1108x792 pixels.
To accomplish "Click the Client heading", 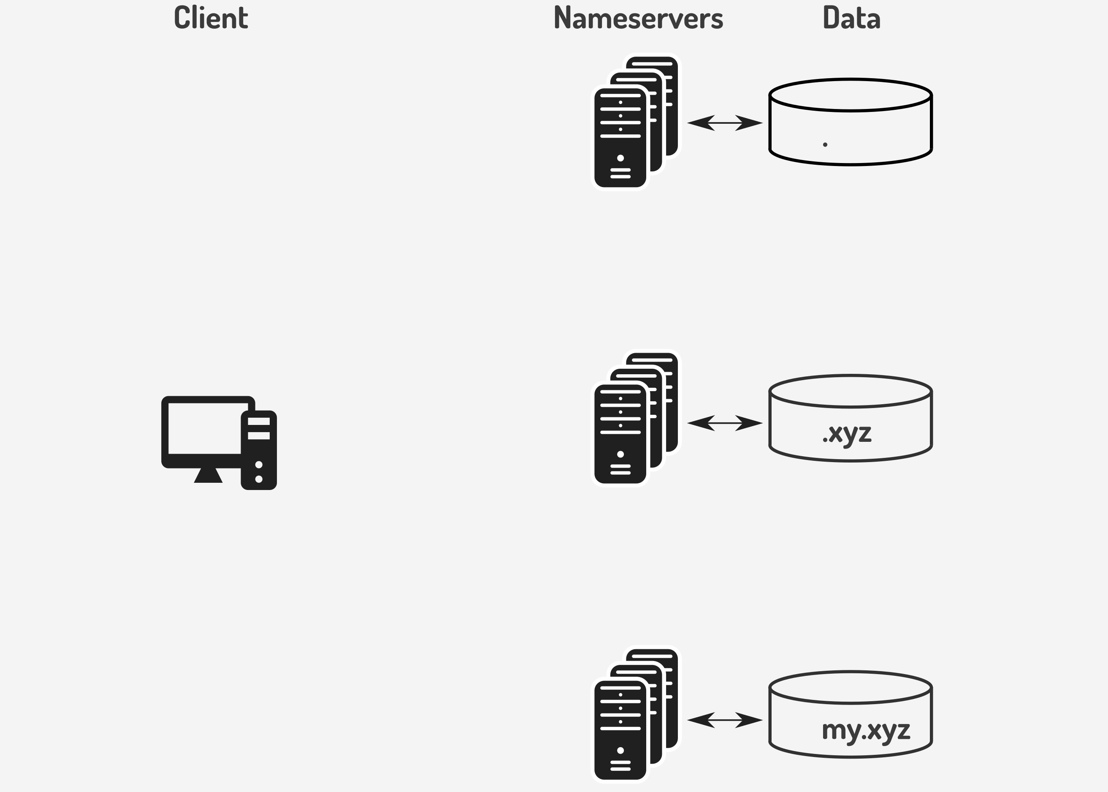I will (211, 18).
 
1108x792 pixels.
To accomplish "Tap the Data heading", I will (851, 18).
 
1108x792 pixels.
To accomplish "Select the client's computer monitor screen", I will (205, 428).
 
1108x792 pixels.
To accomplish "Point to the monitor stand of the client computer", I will (208, 475).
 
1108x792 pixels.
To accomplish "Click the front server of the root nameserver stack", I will (620, 138).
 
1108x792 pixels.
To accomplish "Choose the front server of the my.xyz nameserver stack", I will (620, 730).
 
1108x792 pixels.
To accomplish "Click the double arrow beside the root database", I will (725, 123).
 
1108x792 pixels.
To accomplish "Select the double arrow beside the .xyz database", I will (725, 423).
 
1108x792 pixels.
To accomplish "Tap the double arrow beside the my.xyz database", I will (725, 719).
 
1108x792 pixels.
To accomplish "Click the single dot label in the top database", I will (825, 144).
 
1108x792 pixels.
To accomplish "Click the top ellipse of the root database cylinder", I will (850, 95).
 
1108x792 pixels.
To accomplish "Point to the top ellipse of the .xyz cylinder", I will (850, 391).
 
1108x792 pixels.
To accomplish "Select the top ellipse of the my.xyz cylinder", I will (850, 688).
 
